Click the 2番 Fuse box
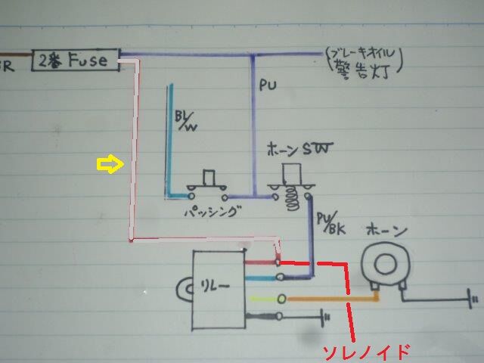[x=76, y=60]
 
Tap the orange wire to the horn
[x=333, y=299]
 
